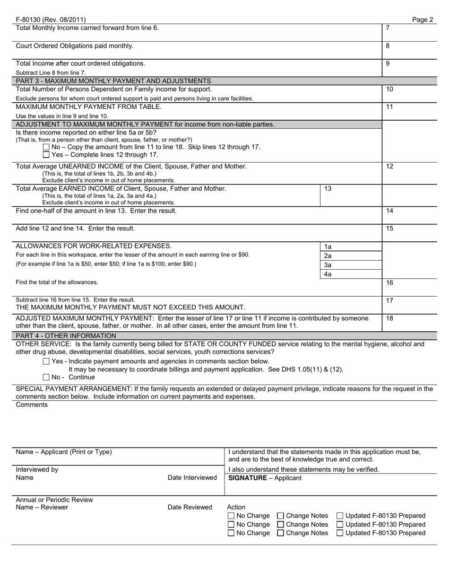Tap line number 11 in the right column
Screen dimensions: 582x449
point(389,107)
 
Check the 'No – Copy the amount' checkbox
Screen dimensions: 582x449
point(46,147)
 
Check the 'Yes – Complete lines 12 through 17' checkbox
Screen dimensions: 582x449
point(46,155)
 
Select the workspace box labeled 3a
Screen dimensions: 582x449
point(351,265)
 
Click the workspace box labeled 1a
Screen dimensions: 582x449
point(351,247)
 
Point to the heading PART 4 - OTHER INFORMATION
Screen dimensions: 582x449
point(66,336)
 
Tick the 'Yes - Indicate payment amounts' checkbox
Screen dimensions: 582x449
point(46,362)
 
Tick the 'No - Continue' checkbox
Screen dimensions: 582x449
point(46,378)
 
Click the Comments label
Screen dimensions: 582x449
point(32,405)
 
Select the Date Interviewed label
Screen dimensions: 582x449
point(192,478)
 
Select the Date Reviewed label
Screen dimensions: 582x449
point(190,508)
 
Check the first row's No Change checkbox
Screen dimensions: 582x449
point(231,516)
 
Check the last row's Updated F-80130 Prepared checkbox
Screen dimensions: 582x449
point(340,533)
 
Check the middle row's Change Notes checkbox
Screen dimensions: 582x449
point(280,525)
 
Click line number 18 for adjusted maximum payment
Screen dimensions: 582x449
point(389,319)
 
